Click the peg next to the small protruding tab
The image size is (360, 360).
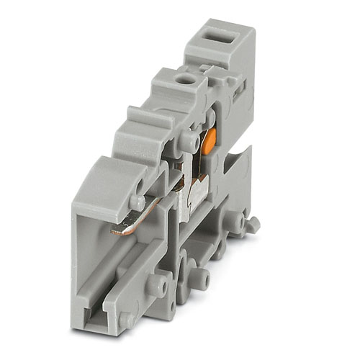(x=235, y=222)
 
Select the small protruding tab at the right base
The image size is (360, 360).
(x=252, y=224)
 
